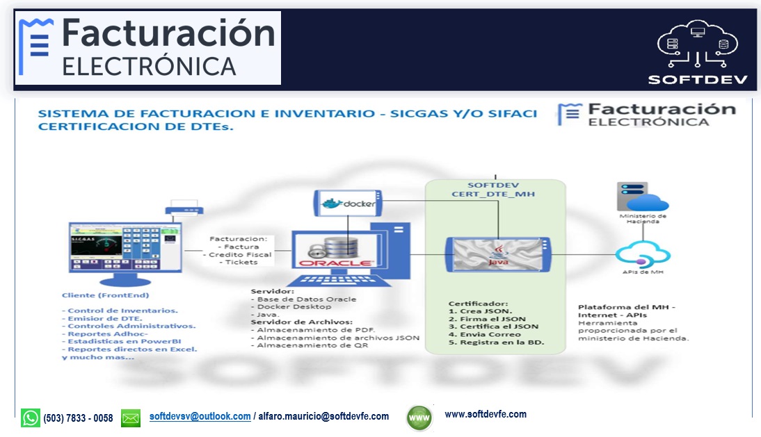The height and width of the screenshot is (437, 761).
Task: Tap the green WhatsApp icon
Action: (x=31, y=418)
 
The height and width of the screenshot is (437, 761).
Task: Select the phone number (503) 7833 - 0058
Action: (x=78, y=418)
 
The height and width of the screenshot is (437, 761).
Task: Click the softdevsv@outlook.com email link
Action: (x=200, y=417)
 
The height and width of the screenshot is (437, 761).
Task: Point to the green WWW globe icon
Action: (x=419, y=418)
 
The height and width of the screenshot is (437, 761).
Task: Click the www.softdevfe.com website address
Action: (x=485, y=415)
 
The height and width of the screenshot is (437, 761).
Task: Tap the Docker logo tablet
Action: (x=345, y=204)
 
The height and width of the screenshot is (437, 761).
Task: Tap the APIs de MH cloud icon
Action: (x=643, y=253)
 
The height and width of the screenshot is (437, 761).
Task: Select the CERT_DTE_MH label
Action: (x=493, y=195)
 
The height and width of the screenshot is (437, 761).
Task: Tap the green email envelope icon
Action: (x=131, y=418)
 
